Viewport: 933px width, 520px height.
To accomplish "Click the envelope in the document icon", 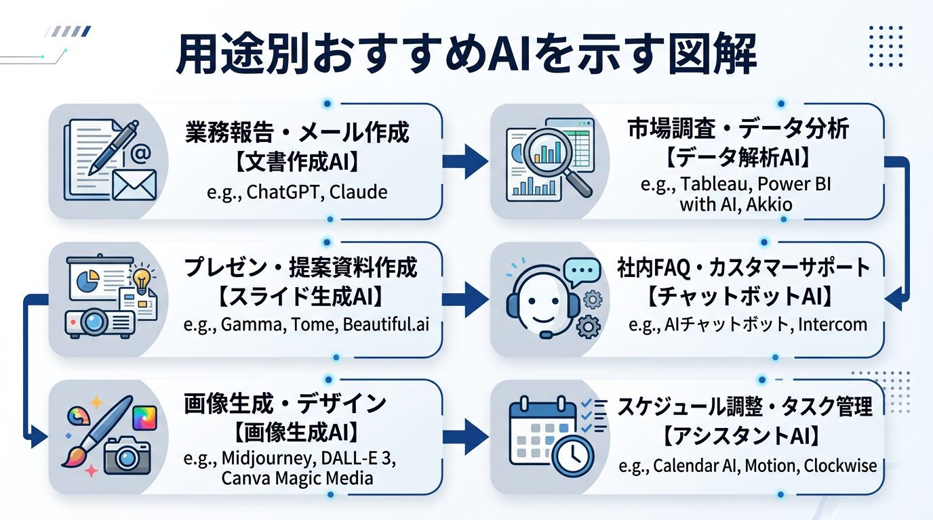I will [134, 183].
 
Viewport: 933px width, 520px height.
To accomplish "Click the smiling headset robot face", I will [539, 305].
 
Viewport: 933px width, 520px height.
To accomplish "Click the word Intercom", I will [832, 324].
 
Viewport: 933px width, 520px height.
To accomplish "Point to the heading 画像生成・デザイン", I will [285, 404].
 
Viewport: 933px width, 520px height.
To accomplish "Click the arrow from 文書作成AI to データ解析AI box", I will [464, 161].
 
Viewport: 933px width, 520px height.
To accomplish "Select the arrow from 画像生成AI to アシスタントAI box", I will [464, 435].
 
